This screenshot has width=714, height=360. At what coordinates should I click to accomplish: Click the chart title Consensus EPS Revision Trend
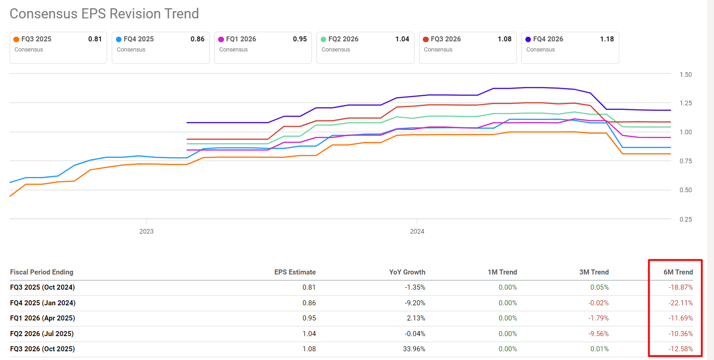tap(104, 14)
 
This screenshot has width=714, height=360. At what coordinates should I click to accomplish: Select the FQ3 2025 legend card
tap(58, 47)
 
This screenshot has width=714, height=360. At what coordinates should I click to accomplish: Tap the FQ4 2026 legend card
tap(570, 47)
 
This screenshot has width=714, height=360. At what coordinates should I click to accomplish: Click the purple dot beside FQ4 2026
tap(529, 40)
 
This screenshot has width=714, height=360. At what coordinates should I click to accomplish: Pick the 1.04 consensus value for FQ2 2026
tap(402, 39)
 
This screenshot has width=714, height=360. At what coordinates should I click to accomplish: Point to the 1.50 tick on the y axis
tap(685, 74)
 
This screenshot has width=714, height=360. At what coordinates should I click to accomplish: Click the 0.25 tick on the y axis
tap(685, 219)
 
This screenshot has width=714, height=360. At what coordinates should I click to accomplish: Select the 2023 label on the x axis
tap(146, 231)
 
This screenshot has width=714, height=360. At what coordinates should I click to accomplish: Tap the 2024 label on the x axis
tap(417, 231)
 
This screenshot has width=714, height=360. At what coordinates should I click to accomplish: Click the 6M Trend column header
tap(678, 272)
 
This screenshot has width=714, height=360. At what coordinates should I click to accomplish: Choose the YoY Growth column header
tap(407, 272)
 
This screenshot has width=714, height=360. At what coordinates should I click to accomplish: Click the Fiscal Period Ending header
tap(41, 272)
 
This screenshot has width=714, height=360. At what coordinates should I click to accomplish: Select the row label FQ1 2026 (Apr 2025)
tap(42, 318)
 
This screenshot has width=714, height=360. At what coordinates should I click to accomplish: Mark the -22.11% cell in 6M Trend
tap(680, 303)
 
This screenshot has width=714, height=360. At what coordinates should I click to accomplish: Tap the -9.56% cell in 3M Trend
tap(597, 334)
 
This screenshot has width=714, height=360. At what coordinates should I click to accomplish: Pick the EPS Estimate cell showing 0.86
tap(309, 303)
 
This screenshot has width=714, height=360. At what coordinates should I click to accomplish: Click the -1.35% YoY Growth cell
tap(414, 287)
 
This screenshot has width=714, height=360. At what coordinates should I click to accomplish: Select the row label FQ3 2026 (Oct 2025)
tap(42, 349)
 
